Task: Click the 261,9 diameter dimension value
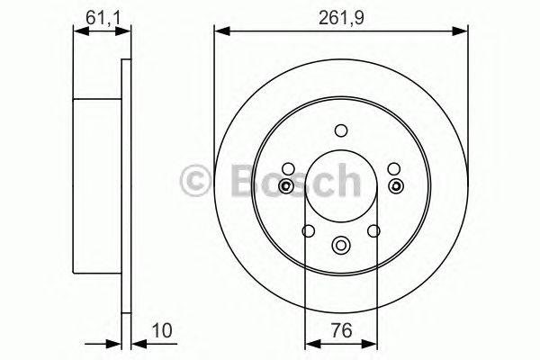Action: click(x=343, y=16)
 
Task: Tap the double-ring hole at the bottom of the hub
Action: click(x=340, y=244)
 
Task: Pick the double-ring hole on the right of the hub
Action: click(x=396, y=186)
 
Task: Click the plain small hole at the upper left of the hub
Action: click(x=287, y=167)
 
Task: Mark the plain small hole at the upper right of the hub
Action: click(x=393, y=167)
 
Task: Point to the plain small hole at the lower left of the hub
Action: click(x=307, y=232)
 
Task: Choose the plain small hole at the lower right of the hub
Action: click(x=373, y=232)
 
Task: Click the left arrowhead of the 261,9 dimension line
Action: click(x=219, y=32)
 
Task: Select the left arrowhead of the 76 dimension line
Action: click(x=310, y=342)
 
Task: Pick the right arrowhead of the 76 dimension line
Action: click(x=370, y=342)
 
